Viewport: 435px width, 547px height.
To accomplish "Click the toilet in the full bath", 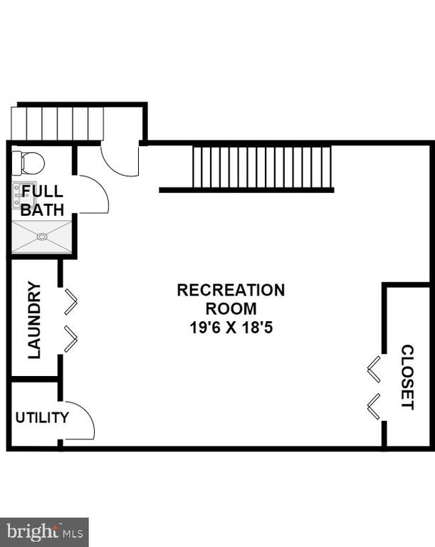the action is (28, 163).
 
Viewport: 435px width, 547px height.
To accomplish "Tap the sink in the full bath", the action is (24, 195).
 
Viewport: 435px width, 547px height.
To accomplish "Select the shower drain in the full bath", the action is (42, 237).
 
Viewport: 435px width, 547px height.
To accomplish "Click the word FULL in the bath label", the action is (42, 191).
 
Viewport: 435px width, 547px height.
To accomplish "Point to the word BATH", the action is (42, 209).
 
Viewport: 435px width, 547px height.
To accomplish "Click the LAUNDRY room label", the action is (34, 320).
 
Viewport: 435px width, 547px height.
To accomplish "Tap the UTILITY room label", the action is (42, 417).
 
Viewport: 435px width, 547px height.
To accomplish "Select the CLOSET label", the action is (407, 377).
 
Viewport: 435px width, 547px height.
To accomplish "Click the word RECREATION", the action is (231, 291).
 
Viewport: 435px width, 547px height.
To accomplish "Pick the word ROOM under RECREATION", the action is (231, 308).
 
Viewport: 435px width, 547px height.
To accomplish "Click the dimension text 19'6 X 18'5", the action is (231, 328).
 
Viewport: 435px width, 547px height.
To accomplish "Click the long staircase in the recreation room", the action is (261, 167).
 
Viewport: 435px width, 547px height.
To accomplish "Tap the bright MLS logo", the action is (44, 532).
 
